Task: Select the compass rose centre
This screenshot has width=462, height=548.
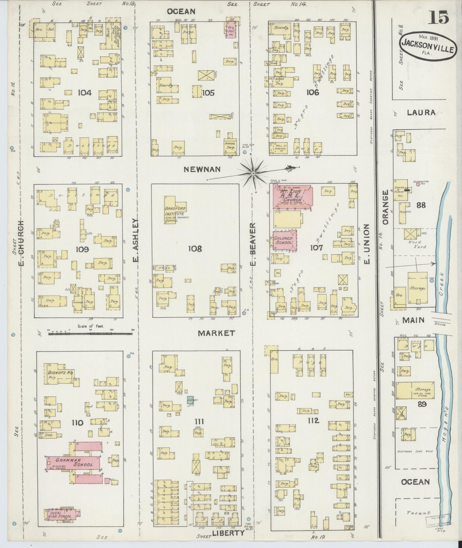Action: tap(253, 173)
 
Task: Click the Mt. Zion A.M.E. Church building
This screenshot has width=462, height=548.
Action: tap(292, 196)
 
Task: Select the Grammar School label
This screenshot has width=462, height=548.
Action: tap(74, 462)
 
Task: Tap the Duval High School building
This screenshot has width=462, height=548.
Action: tap(62, 514)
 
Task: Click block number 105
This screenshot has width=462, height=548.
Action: tap(208, 93)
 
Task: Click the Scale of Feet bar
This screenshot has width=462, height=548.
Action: tap(90, 333)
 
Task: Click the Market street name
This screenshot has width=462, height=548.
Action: tap(216, 333)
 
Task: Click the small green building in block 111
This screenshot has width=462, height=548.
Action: tap(190, 399)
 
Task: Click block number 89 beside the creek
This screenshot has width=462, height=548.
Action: tap(422, 404)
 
